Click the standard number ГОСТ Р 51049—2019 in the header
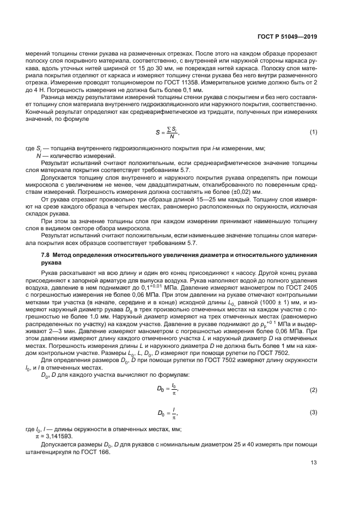289,36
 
